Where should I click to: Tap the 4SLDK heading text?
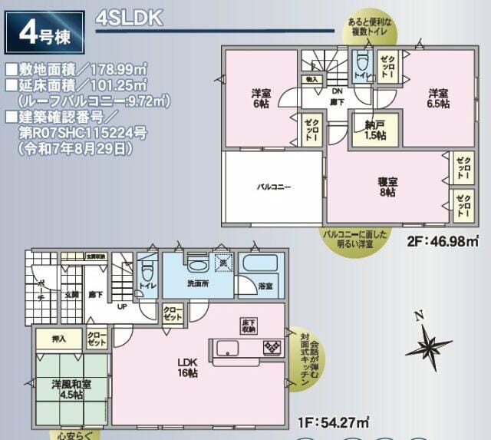[129, 19]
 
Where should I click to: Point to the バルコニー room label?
[273, 187]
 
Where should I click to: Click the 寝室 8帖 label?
[386, 187]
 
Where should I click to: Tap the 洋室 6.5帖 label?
[439, 99]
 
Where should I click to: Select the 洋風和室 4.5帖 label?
[68, 389]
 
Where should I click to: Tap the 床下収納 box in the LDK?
[248, 326]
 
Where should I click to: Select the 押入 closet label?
[59, 338]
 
